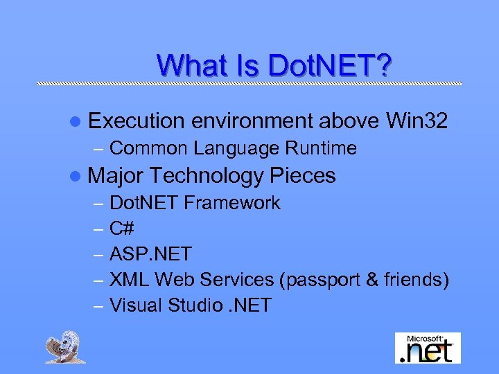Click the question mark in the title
(384, 65)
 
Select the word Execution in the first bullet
(137, 121)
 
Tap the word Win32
(417, 121)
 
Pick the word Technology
(206, 176)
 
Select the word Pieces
(303, 176)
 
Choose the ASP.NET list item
(150, 254)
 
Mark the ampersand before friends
(372, 280)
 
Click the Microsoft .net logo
(428, 348)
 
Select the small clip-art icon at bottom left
(66, 347)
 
